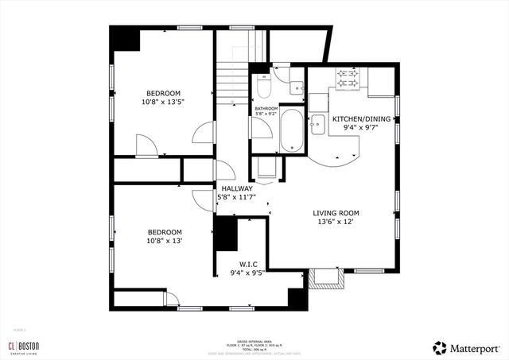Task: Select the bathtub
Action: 291,133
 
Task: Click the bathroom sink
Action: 296,89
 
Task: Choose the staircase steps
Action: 231,79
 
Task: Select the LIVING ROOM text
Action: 336,213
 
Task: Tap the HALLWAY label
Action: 237,188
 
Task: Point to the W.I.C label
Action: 247,264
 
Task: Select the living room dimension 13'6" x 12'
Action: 336,223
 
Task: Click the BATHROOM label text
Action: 266,108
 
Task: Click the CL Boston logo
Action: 24,346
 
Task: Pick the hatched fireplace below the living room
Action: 327,277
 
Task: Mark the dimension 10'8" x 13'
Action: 164,241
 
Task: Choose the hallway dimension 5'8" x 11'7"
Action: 237,198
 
